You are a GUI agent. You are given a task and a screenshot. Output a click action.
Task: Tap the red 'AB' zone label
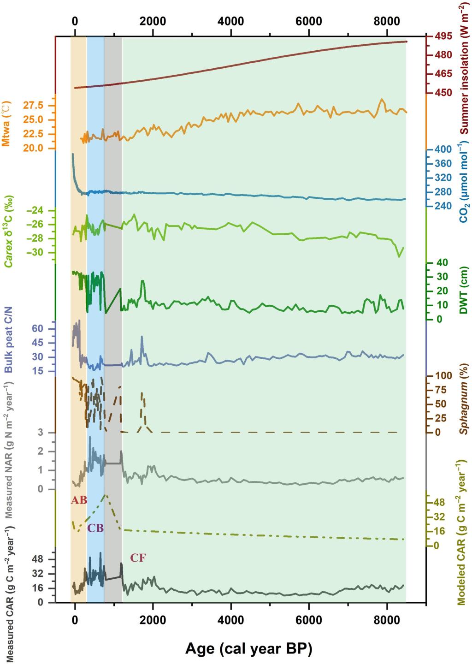coord(79,500)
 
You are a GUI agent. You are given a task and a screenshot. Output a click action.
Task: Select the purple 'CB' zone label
coord(95,528)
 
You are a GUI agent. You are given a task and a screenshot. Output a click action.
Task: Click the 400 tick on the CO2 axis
coord(440,149)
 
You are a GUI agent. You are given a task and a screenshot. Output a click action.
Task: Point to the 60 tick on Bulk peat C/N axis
coord(37,328)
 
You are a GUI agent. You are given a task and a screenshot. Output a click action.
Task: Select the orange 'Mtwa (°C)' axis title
coord(6,123)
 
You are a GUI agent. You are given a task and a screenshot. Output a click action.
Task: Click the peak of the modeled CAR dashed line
coord(106,495)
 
